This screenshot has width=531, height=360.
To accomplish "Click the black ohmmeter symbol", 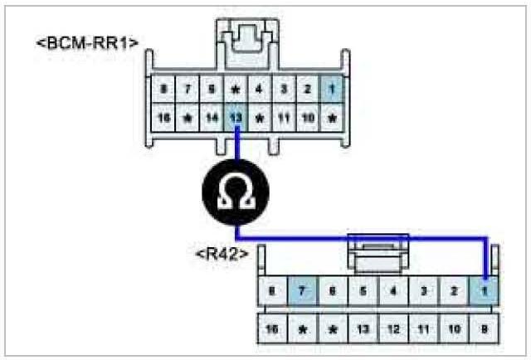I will tap(236, 192).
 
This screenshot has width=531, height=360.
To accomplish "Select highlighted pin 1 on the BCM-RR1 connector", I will tap(331, 87).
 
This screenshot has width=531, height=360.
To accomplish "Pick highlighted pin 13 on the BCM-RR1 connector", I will tap(236, 119).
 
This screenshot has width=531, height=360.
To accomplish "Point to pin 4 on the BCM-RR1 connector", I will tap(260, 87).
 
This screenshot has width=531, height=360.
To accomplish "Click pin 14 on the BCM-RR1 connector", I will tap(212, 119).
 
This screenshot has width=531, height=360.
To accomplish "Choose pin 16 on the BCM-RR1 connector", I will tap(164, 119).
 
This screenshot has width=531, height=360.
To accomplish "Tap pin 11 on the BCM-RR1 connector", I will tap(284, 119).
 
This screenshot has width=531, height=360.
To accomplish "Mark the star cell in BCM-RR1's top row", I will tap(236, 87).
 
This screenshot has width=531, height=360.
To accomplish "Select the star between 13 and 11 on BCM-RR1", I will tap(260, 119).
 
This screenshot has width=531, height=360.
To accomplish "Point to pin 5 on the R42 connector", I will tap(363, 292).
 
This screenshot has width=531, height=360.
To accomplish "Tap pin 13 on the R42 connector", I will tap(363, 329).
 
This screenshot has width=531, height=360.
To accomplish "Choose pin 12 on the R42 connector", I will tap(394, 329).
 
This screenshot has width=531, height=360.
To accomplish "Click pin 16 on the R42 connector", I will tap(272, 329).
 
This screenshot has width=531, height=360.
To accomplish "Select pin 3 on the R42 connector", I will tap(424, 292).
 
